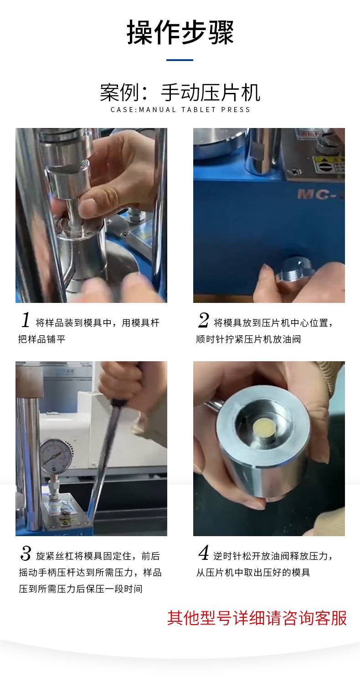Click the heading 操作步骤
pos(180,32)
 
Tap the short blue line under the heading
pos(180,60)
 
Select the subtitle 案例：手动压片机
pos(180,92)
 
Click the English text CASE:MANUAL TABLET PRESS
pos(180,110)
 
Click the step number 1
pos(26,320)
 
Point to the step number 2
pos(204,320)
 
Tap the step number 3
pos(26,553)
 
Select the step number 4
pos(204,553)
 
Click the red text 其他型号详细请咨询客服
pos(257,618)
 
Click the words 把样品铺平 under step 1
pos(41,339)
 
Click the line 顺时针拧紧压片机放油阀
pos(248,339)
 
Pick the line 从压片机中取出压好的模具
pos(253,572)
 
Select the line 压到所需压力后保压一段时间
pos(80,589)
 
